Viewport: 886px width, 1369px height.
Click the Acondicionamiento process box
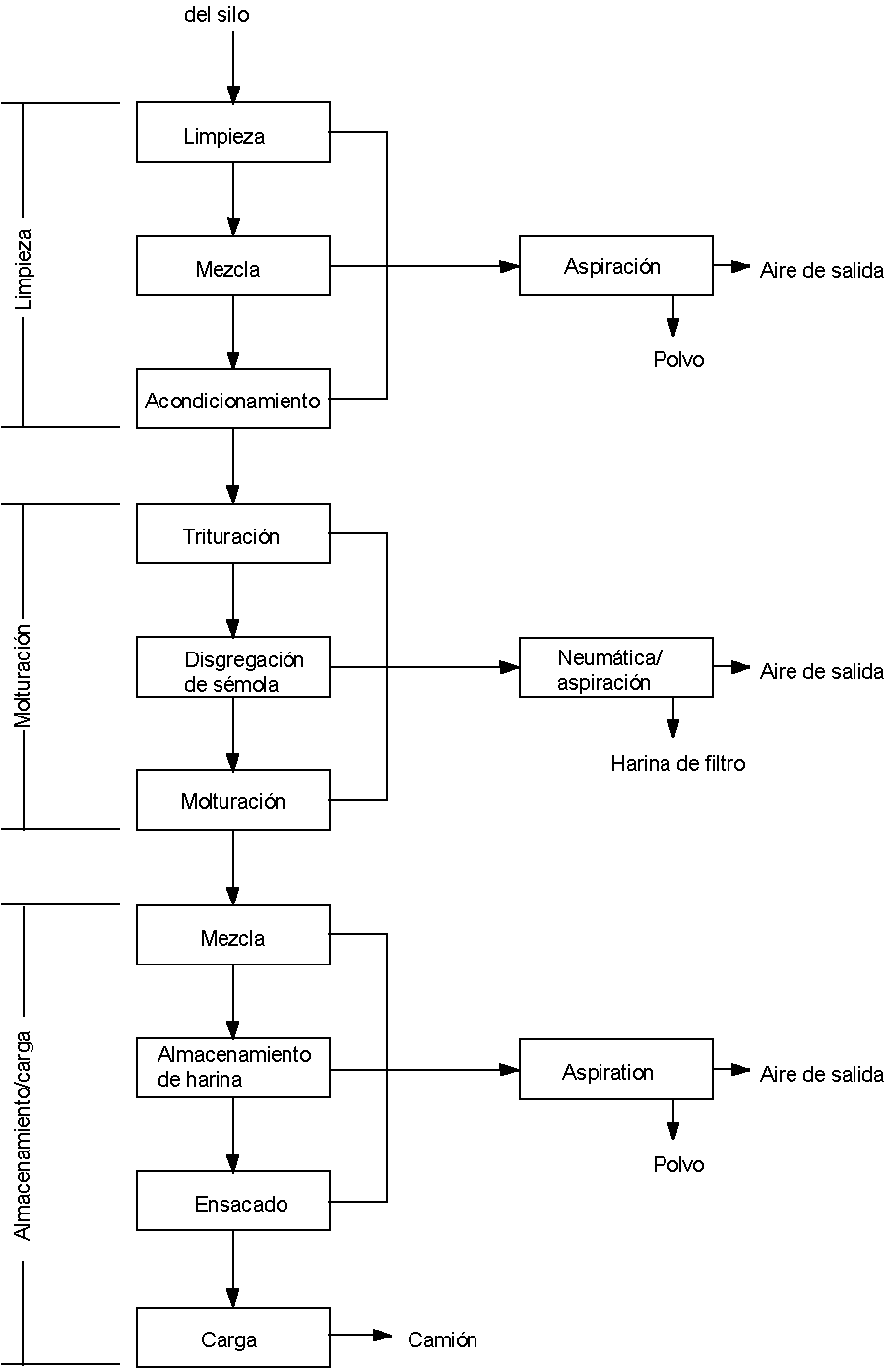pyautogui.click(x=233, y=399)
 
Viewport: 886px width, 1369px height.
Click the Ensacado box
pyautogui.click(x=233, y=1201)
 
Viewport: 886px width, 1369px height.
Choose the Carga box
pyautogui.click(x=233, y=1338)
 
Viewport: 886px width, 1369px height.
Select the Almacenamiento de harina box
pyautogui.click(x=233, y=1068)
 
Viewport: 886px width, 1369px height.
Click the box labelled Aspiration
pyautogui.click(x=615, y=1070)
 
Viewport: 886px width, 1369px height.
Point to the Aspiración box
pyautogui.click(x=615, y=266)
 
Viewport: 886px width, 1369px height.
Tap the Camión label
pyautogui.click(x=442, y=1339)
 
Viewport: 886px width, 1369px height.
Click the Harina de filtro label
pyautogui.click(x=677, y=763)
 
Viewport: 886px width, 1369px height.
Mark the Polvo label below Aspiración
pyautogui.click(x=678, y=360)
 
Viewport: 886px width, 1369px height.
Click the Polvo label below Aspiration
pyautogui.click(x=678, y=1165)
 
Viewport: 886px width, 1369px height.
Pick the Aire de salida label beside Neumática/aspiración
pyautogui.click(x=821, y=672)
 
